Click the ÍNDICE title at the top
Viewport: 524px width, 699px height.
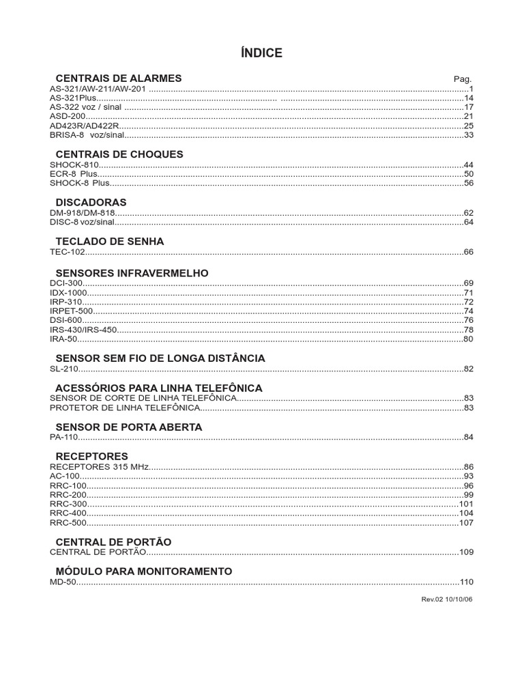click(x=261, y=53)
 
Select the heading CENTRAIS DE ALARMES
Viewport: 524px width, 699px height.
click(x=118, y=79)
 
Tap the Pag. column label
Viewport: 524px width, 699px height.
click(x=463, y=79)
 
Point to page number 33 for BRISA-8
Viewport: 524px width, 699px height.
click(x=468, y=136)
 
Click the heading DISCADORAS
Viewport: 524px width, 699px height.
click(x=91, y=203)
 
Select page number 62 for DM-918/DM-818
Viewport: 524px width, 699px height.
click(x=468, y=213)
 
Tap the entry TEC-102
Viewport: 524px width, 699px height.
click(x=66, y=253)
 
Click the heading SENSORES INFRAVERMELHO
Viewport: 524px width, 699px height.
click(x=132, y=273)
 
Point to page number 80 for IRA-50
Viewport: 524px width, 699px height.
click(x=468, y=339)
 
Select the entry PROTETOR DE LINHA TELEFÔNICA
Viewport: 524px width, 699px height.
click(x=125, y=408)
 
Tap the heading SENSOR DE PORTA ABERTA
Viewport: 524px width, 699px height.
click(x=128, y=427)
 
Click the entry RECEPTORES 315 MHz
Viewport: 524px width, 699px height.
click(x=100, y=466)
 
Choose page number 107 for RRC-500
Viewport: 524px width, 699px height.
click(x=466, y=523)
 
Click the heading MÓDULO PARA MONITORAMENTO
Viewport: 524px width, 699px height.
click(x=143, y=571)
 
